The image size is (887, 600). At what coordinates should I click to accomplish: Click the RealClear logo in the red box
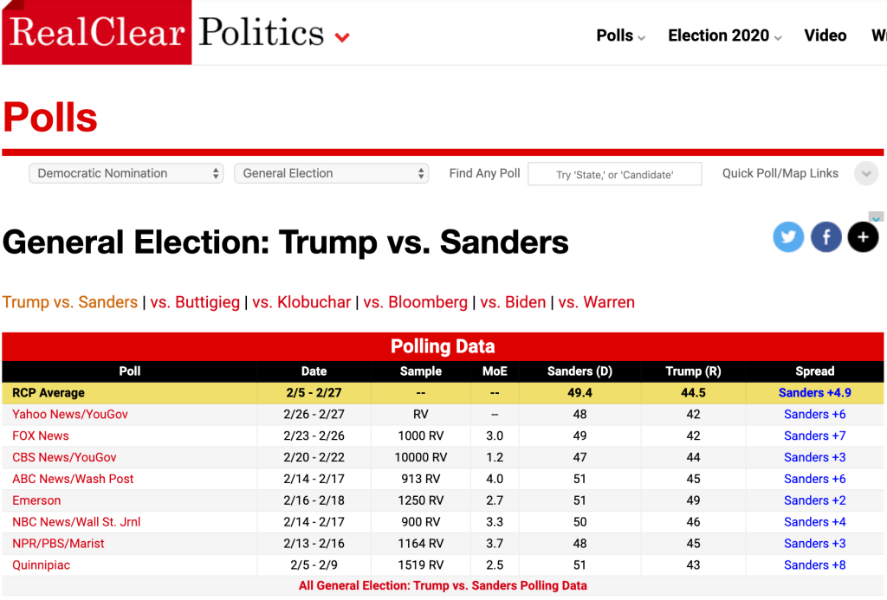pos(97,33)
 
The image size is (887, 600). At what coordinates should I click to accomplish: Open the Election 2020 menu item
pos(719,35)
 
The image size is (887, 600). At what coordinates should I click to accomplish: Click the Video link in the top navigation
pos(825,35)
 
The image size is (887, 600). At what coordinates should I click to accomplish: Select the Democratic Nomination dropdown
pos(126,173)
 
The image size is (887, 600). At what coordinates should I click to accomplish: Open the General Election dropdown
pos(332,173)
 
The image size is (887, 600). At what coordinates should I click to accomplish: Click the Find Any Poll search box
pos(614,174)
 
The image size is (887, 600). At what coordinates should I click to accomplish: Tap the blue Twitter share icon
pos(788,236)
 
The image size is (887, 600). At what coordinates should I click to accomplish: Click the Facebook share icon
pos(826,236)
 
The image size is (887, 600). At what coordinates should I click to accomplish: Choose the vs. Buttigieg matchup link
pos(195,302)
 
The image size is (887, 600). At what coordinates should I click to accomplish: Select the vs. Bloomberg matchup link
pos(416,302)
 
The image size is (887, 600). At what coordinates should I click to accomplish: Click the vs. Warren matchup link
pos(597,302)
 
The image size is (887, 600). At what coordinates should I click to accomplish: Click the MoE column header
pos(495,371)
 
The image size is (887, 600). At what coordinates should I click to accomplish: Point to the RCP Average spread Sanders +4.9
pos(814,392)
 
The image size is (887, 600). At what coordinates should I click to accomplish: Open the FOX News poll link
pos(41,435)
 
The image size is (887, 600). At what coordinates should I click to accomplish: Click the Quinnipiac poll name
pos(42,565)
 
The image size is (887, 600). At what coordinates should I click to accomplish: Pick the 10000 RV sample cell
pos(421,457)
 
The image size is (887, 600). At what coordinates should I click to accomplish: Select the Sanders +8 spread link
pos(814,565)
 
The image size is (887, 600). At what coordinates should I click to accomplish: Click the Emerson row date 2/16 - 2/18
pos(314,500)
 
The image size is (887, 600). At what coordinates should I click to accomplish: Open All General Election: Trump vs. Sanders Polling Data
pos(443,586)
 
